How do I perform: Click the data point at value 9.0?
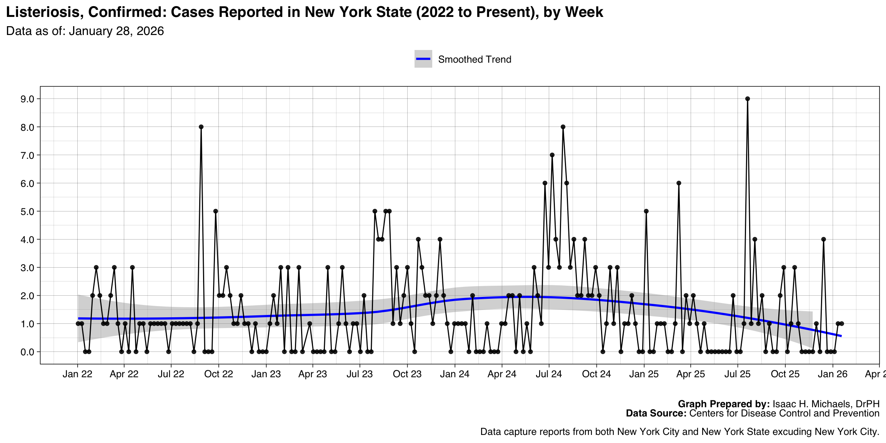[747, 99]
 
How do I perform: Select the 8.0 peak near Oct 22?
[201, 127]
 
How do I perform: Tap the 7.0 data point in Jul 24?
[552, 155]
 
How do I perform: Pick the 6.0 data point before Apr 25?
[679, 183]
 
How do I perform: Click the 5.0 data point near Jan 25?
[646, 211]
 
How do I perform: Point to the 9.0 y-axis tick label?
[28, 99]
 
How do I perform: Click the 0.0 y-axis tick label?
[28, 352]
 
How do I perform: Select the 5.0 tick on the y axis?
[28, 211]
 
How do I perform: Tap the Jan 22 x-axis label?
[77, 374]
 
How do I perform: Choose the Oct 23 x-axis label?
[407, 374]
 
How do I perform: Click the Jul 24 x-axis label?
[549, 374]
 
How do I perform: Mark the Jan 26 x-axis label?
[833, 374]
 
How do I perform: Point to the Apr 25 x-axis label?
[690, 374]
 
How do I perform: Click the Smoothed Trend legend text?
[475, 60]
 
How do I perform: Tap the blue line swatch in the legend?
[423, 59]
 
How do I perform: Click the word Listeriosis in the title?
[43, 12]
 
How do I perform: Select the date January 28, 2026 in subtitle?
[116, 31]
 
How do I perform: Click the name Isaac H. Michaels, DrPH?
[826, 404]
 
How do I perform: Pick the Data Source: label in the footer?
[656, 413]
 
